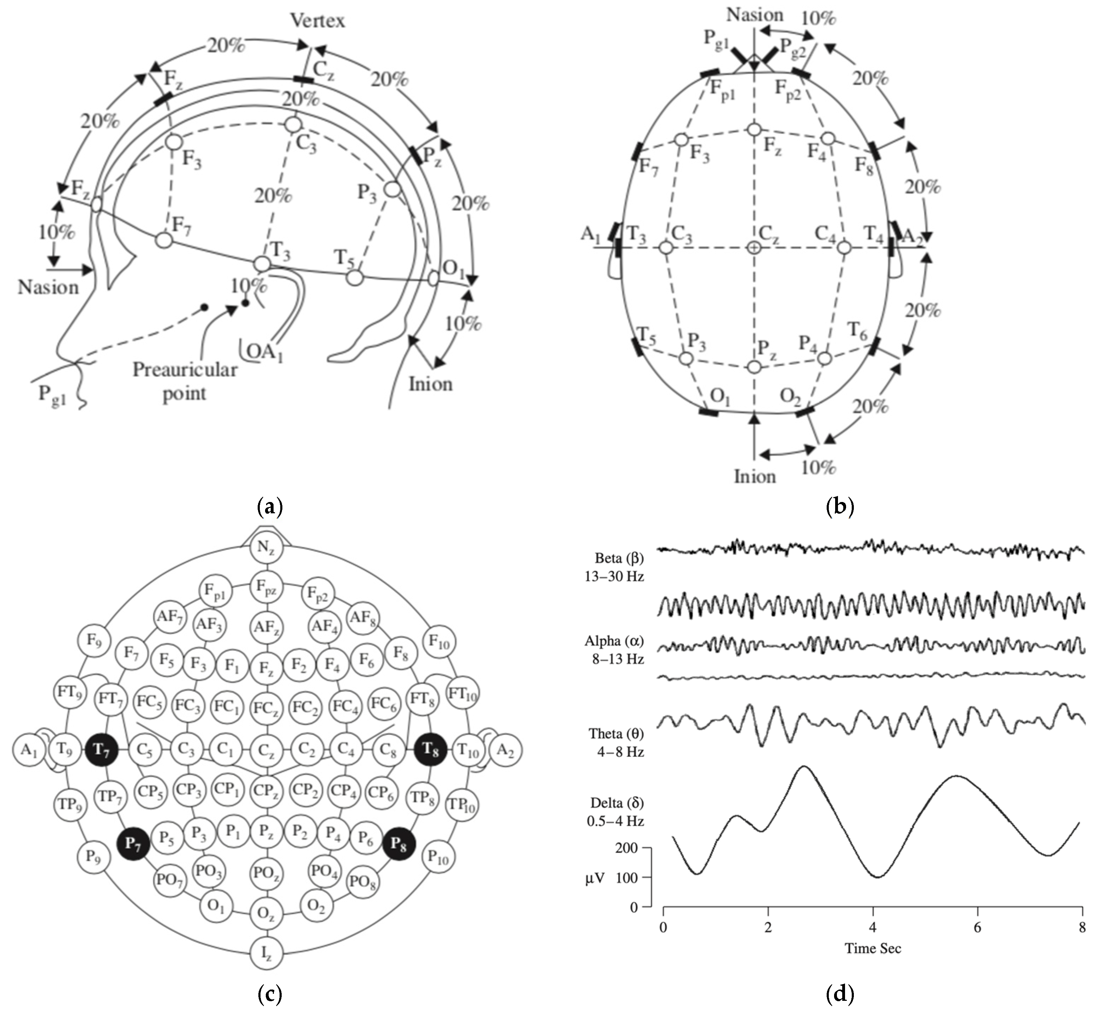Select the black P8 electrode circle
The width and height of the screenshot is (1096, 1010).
coord(399,843)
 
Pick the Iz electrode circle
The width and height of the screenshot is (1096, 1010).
coord(266,954)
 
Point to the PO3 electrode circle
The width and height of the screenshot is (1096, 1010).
coord(208,871)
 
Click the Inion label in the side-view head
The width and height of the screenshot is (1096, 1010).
coord(431,384)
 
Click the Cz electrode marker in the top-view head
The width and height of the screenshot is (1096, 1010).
coord(754,247)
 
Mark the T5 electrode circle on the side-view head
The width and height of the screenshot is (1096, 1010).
coord(355,277)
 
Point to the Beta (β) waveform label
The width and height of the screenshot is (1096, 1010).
coord(619,558)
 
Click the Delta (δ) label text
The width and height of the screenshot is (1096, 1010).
coord(617,803)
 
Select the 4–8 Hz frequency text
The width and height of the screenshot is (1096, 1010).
coord(621,752)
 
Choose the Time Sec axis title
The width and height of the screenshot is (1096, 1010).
coord(873,948)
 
